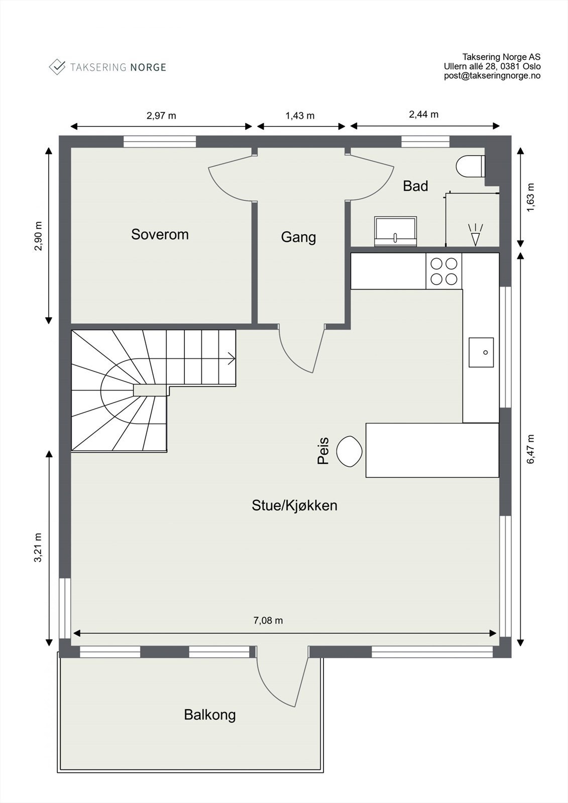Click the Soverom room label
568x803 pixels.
pyautogui.click(x=160, y=234)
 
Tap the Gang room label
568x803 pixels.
pyautogui.click(x=298, y=237)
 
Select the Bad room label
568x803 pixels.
pyautogui.click(x=415, y=186)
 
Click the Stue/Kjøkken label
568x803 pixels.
pyautogui.click(x=294, y=505)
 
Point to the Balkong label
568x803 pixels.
pyautogui.click(x=209, y=715)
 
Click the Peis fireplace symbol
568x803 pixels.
pyautogui.click(x=349, y=451)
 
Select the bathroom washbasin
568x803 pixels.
pyautogui.click(x=395, y=231)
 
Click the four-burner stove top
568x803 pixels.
pyautogui.click(x=444, y=271)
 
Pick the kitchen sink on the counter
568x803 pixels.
pyautogui.click(x=481, y=352)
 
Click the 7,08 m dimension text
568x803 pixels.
pyautogui.click(x=268, y=621)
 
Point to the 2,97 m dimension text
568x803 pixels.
pyautogui.click(x=161, y=116)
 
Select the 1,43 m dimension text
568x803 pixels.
pyautogui.click(x=300, y=116)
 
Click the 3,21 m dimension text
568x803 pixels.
pyautogui.click(x=38, y=548)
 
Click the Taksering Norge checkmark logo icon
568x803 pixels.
pyautogui.click(x=57, y=67)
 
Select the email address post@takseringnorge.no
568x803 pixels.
pyautogui.click(x=492, y=76)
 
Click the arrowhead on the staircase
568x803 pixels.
pyautogui.click(x=232, y=358)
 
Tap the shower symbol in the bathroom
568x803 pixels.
pyautogui.click(x=475, y=235)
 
